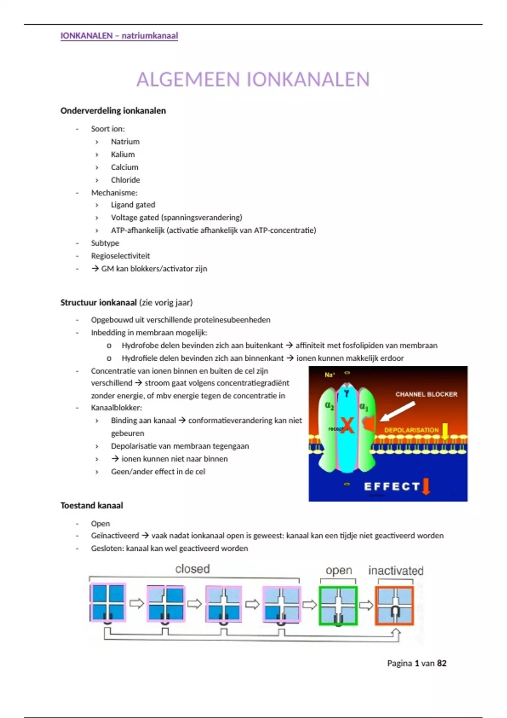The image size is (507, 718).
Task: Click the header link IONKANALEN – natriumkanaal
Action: pyautogui.click(x=119, y=36)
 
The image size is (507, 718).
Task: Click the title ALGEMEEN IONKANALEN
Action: pyautogui.click(x=253, y=79)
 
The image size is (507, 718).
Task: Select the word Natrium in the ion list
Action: pyautogui.click(x=125, y=141)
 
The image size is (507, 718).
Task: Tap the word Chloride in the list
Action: pyautogui.click(x=125, y=180)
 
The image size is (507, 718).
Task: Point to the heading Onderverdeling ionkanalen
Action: pyautogui.click(x=113, y=111)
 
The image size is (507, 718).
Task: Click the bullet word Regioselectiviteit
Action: pyautogui.click(x=120, y=256)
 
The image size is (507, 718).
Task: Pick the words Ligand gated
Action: pyautogui.click(x=133, y=205)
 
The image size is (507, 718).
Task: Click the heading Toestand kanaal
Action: pyautogui.click(x=92, y=506)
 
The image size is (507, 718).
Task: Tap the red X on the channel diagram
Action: pyautogui.click(x=347, y=425)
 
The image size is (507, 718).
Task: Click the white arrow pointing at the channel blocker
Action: pyautogui.click(x=398, y=411)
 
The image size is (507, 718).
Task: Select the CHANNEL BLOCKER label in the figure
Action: pyautogui.click(x=426, y=394)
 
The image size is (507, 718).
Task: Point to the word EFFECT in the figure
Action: pyautogui.click(x=392, y=487)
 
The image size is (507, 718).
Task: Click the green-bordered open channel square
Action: pyautogui.click(x=338, y=605)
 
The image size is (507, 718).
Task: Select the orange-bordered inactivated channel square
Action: pyautogui.click(x=395, y=605)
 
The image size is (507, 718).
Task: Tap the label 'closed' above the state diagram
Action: pyautogui.click(x=193, y=569)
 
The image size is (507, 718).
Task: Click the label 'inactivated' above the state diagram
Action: pyautogui.click(x=396, y=571)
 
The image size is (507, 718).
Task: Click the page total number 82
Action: pyautogui.click(x=442, y=663)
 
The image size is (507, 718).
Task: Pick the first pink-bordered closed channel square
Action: pyautogui.click(x=108, y=603)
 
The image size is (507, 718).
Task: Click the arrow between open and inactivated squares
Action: pyautogui.click(x=366, y=605)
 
